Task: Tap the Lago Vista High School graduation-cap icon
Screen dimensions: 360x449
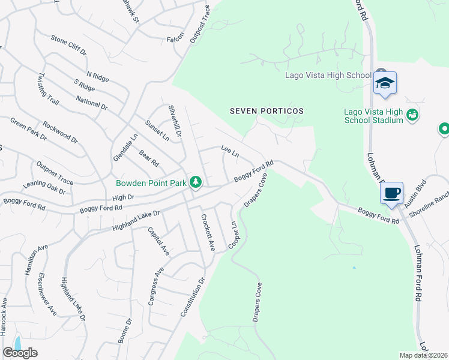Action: [384, 84]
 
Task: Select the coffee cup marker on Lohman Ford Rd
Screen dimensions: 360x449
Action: [391, 194]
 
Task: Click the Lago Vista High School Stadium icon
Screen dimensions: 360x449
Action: [412, 114]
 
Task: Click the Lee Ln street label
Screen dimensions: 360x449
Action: [230, 151]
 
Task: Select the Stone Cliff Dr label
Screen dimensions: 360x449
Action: [69, 46]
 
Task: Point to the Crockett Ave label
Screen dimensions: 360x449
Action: [206, 232]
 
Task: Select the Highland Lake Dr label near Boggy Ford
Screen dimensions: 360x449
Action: [136, 220]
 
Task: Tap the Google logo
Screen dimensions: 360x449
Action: [20, 353]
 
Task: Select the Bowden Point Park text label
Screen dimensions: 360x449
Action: [155, 182]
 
